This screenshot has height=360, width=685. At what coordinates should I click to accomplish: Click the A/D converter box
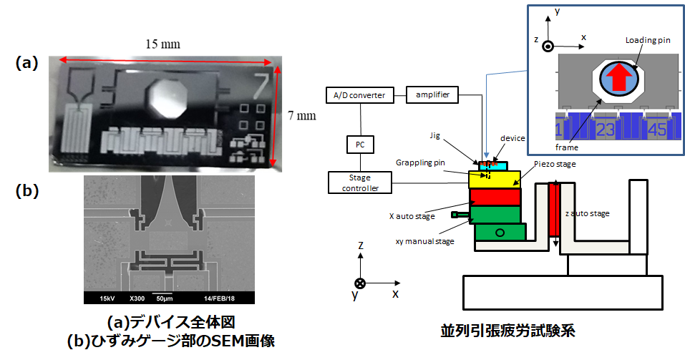(x=359, y=95)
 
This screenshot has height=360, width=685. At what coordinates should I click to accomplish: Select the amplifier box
(x=432, y=94)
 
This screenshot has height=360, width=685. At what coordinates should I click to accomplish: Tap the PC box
(x=360, y=145)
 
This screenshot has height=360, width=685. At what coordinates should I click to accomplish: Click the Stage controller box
(x=360, y=183)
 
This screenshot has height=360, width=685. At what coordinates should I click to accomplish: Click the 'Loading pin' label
(x=648, y=40)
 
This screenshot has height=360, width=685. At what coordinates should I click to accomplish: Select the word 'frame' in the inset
(x=567, y=147)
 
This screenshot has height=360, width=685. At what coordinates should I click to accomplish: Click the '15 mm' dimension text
(x=162, y=44)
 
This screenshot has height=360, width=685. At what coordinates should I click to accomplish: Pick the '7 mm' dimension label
(x=301, y=115)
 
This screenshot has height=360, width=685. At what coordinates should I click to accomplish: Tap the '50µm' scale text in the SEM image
(x=165, y=299)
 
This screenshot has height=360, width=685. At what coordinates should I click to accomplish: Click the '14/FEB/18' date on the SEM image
(x=219, y=299)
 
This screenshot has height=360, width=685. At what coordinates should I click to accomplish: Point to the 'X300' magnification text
(x=137, y=299)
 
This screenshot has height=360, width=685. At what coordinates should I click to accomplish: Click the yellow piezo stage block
(x=495, y=179)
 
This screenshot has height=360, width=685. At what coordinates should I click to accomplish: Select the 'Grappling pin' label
(x=420, y=162)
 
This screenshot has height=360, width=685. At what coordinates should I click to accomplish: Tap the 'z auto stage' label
(x=587, y=214)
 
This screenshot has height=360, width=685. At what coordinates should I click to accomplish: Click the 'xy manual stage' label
(x=424, y=241)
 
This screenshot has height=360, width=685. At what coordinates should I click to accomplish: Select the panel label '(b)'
(x=27, y=191)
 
